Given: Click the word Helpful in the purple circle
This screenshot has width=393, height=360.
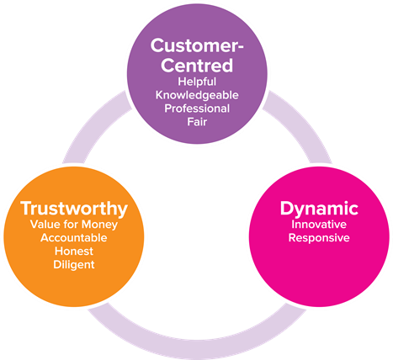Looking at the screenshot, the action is point(197,82).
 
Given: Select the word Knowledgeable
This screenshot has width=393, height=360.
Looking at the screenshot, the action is point(197,95).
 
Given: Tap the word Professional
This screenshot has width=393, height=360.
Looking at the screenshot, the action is point(197,109).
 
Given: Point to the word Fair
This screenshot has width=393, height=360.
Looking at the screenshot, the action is point(197,122).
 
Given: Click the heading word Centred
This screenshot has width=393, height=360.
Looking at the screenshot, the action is point(197,66).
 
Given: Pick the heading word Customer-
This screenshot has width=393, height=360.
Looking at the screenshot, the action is point(197,45).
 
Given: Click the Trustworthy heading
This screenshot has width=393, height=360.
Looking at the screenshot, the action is point(74,209).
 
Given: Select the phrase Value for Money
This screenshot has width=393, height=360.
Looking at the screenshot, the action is point(74,225).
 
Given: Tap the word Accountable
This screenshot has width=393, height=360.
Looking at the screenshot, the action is point(74,238).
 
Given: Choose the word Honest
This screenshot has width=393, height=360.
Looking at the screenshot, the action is point(74,251).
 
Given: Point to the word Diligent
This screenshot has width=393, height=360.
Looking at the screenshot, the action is point(74,265).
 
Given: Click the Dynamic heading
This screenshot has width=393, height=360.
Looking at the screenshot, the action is point(319,209).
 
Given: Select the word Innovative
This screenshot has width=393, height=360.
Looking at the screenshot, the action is point(319,225).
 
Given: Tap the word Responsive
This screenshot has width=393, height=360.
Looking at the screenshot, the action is point(319,238).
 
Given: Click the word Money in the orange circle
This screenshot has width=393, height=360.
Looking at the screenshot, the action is point(99,225).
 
